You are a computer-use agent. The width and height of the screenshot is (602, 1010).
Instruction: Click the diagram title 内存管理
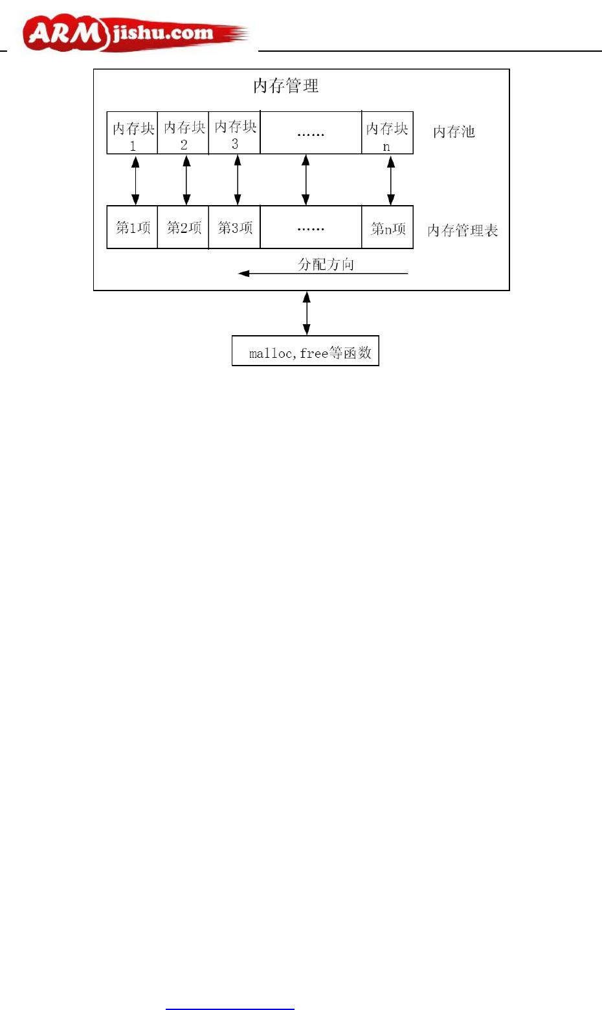pos(285,86)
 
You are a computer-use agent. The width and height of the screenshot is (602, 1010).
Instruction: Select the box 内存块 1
pos(132,133)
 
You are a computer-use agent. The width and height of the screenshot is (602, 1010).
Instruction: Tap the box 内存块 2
pos(183,133)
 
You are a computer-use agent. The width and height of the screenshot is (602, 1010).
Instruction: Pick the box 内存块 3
pos(234,133)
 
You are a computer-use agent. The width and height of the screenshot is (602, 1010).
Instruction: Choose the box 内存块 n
pos(387,133)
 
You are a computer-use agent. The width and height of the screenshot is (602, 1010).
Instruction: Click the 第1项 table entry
pos(132,228)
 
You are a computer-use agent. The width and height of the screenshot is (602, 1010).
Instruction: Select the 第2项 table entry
pos(183,228)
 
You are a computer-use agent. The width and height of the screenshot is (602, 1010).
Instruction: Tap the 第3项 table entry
pos(234,228)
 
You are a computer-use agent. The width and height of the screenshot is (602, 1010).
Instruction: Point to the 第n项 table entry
pos(387,228)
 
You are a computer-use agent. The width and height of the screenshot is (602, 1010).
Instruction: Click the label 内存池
pos(454,132)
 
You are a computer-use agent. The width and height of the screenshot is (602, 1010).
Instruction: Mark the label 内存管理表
pos(462,230)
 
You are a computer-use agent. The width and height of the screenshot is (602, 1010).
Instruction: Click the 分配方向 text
pos(326,264)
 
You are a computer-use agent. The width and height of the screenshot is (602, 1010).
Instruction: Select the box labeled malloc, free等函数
pos(306,351)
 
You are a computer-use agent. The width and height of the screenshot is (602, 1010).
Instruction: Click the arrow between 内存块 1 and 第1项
pos(135,180)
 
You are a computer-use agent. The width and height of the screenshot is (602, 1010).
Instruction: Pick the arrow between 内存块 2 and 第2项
pos(186,180)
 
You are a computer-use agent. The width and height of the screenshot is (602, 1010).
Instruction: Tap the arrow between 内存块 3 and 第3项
pos(238,180)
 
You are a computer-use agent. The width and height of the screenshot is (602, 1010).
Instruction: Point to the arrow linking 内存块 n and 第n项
pos(390,180)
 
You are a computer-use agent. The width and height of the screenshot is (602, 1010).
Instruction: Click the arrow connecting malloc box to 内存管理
pos(306,313)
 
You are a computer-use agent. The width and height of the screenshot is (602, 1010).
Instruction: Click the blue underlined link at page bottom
pos(230,1007)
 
